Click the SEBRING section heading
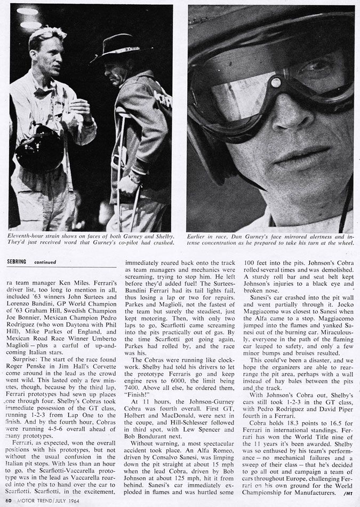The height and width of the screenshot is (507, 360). [x=19, y=262]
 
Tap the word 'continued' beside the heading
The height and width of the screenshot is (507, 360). [x=46, y=262]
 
